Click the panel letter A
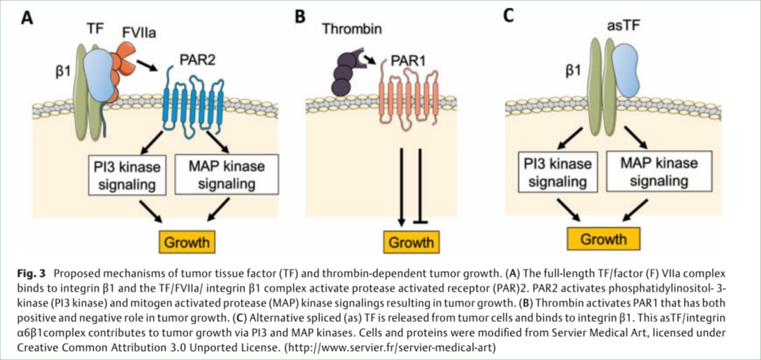click(27, 18)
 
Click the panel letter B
click(299, 15)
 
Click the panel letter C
click(508, 15)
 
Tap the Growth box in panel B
click(412, 242)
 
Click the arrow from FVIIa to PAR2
click(147, 66)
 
